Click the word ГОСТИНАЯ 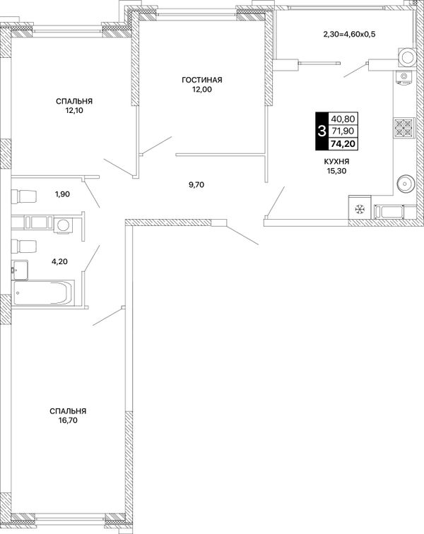(x=202, y=80)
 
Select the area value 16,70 (x=68, y=420)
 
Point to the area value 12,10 (x=74, y=110)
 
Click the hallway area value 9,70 (x=196, y=185)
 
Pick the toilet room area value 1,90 (x=62, y=194)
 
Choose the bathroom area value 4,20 (x=59, y=261)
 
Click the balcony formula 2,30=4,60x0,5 (x=349, y=34)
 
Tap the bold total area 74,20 (x=343, y=144)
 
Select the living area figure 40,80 (x=343, y=119)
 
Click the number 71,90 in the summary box (x=343, y=131)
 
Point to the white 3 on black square (x=322, y=131)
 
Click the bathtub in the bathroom (x=43, y=292)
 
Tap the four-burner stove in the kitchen (x=404, y=128)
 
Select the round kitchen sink (x=406, y=184)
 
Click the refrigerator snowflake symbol (x=359, y=210)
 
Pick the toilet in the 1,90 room (x=24, y=196)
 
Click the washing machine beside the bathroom (x=63, y=225)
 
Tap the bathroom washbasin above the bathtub (x=19, y=270)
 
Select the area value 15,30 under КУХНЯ (x=336, y=171)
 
